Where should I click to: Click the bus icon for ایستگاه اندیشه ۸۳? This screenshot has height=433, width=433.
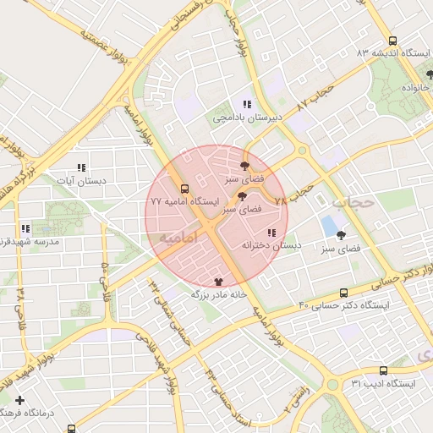(392, 41)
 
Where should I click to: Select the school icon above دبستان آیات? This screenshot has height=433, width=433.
(81, 168)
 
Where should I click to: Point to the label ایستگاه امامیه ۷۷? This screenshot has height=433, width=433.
(184, 202)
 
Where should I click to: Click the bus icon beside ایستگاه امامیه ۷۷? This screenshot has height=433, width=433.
(184, 189)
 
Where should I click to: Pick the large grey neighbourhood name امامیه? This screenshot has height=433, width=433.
(176, 238)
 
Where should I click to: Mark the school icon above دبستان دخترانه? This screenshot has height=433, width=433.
(271, 233)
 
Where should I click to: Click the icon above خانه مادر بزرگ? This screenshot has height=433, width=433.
(219, 281)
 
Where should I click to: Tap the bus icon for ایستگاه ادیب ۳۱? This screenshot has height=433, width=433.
(384, 370)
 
